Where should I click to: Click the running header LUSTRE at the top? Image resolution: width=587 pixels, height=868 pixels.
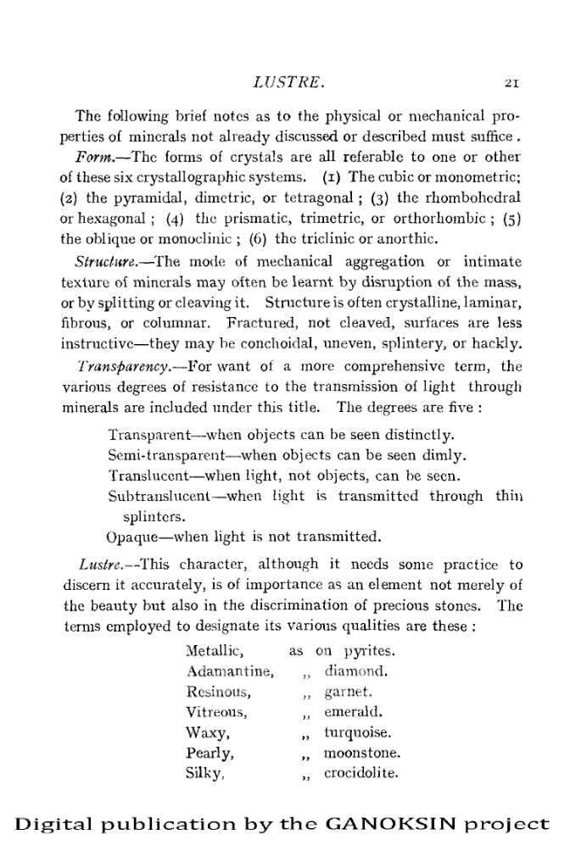[291, 84]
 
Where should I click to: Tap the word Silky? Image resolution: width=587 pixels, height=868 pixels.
[204, 772]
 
